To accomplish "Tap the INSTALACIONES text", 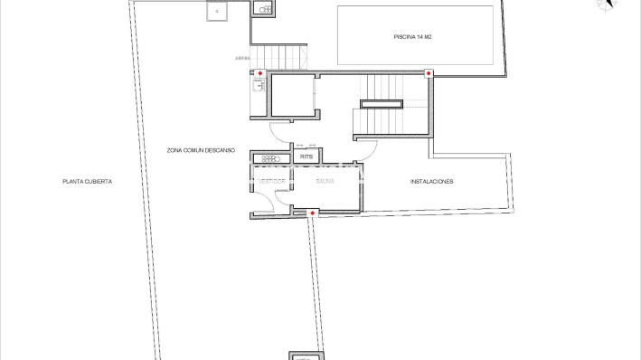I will click(x=431, y=182).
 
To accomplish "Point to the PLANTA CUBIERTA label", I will click(x=87, y=182).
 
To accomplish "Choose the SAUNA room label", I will click(x=325, y=181).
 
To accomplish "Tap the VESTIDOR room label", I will click(x=272, y=181).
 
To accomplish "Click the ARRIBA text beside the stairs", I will click(x=241, y=59).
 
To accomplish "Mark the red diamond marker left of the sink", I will click(x=260, y=73).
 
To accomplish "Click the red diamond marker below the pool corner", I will click(x=429, y=73).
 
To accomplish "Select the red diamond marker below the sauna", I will click(x=312, y=213).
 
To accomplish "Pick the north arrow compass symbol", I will click(x=607, y=5).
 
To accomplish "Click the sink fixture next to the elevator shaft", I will click(x=258, y=87).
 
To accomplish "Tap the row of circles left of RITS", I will click(x=271, y=158).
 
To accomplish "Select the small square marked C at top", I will click(x=217, y=11).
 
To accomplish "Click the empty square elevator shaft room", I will click(x=292, y=97).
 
